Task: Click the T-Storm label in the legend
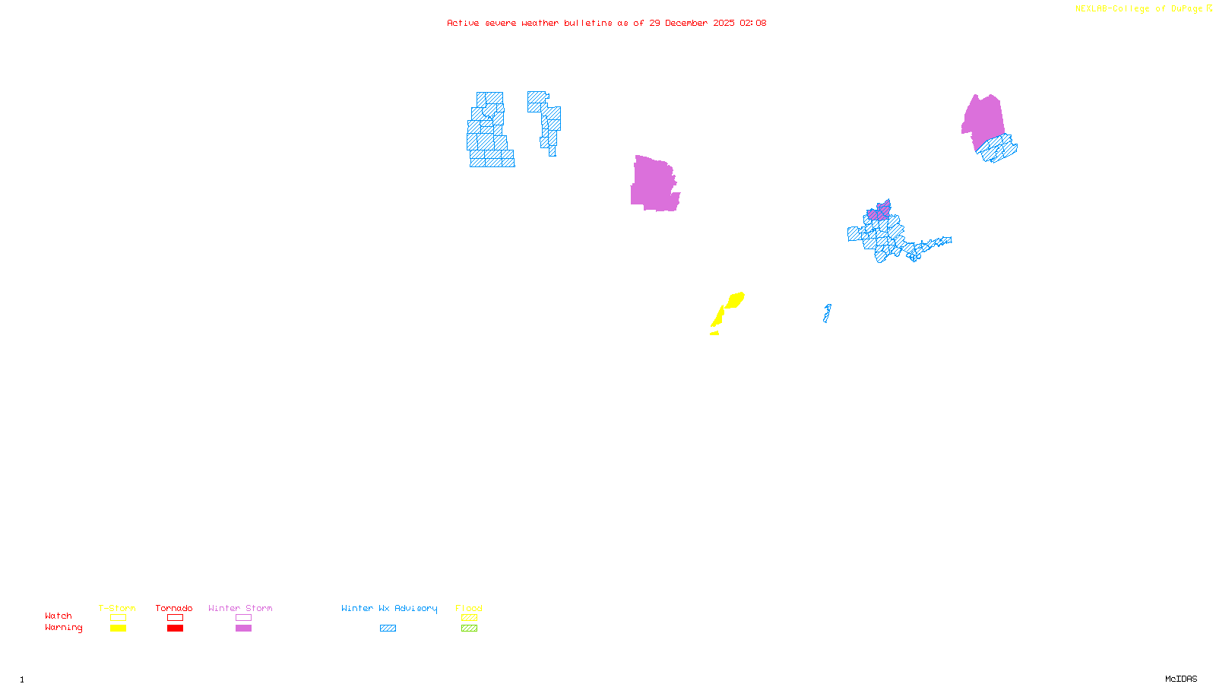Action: click(x=117, y=608)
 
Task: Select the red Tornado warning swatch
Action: click(x=175, y=629)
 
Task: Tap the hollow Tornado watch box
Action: click(x=175, y=618)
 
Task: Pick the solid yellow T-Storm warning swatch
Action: click(x=118, y=629)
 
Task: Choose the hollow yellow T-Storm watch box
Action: click(x=118, y=618)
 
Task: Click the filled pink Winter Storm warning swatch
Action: click(x=243, y=629)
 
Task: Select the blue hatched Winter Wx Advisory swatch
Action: click(x=388, y=629)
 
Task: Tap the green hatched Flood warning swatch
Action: click(x=469, y=629)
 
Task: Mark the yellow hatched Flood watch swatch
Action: click(x=469, y=618)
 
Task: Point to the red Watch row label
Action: click(x=59, y=616)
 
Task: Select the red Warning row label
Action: click(x=63, y=628)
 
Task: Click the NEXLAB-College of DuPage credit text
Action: click(x=1139, y=9)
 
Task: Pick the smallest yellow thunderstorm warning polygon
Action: click(x=714, y=333)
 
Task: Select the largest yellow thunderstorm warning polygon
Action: click(x=735, y=299)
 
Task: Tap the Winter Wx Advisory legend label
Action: click(x=389, y=608)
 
